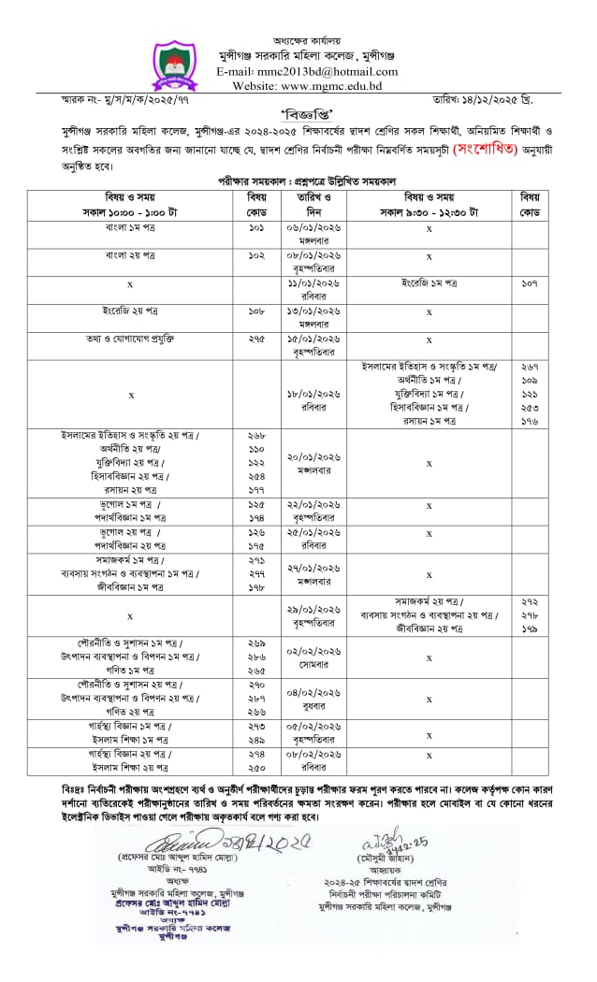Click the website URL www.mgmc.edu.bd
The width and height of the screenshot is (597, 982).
click(321, 85)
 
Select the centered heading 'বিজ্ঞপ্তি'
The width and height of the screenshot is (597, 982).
click(298, 112)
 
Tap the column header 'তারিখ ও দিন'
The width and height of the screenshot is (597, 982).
click(309, 205)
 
